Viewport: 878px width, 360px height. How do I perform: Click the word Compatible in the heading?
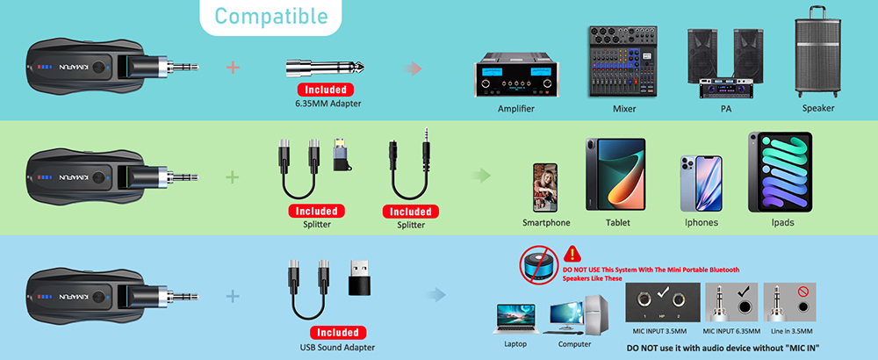(x=271, y=16)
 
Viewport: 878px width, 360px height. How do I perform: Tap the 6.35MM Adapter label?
(x=328, y=103)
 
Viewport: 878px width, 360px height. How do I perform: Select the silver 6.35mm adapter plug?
(x=325, y=68)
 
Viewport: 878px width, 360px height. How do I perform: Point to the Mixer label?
(x=624, y=109)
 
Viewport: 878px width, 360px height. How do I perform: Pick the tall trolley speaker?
(x=817, y=52)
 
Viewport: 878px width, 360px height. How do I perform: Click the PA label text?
(x=726, y=109)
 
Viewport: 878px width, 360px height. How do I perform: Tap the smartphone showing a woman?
(x=545, y=187)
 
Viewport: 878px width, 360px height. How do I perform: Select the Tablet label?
(x=617, y=222)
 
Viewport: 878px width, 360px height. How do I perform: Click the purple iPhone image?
(x=701, y=184)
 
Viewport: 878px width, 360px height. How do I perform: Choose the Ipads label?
(x=782, y=222)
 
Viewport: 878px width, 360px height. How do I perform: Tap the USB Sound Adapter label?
(x=337, y=347)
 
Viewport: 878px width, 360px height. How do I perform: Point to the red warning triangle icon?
(x=571, y=254)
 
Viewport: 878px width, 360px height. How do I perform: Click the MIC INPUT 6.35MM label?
(x=731, y=331)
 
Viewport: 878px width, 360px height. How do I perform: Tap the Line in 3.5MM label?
(x=791, y=331)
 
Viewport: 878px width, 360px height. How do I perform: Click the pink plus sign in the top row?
(x=233, y=68)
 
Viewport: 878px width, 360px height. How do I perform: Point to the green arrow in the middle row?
(x=481, y=176)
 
